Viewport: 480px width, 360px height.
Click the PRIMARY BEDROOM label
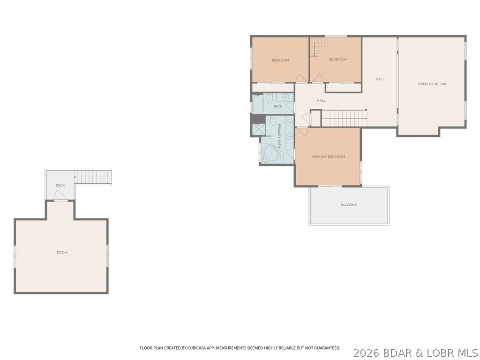click(x=328, y=157)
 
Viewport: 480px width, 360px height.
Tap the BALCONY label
click(x=348, y=205)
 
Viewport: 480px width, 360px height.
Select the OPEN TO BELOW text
click(x=432, y=84)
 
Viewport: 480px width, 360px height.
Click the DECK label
click(x=60, y=186)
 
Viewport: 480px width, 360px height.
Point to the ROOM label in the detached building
click(x=62, y=253)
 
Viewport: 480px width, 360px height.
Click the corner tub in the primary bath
click(x=270, y=153)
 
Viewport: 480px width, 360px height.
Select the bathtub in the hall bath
click(x=258, y=104)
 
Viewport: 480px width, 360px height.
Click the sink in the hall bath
click(x=286, y=97)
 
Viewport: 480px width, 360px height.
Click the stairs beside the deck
click(x=93, y=177)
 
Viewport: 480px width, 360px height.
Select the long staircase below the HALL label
click(x=344, y=118)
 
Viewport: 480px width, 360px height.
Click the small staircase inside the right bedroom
click(x=319, y=47)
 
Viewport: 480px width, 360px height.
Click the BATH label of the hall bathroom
click(x=278, y=106)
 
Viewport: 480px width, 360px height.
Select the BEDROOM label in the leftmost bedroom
click(x=280, y=60)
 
